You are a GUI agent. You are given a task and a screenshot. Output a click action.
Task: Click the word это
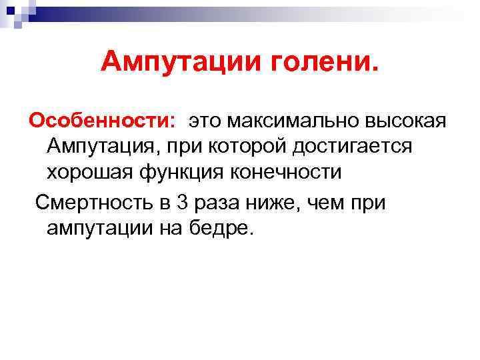(x=209, y=121)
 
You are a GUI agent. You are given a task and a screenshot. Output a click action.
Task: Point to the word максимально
(x=301, y=121)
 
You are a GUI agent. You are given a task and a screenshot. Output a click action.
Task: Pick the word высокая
(x=413, y=121)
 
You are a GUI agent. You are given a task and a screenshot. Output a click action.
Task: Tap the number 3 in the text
(x=183, y=202)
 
